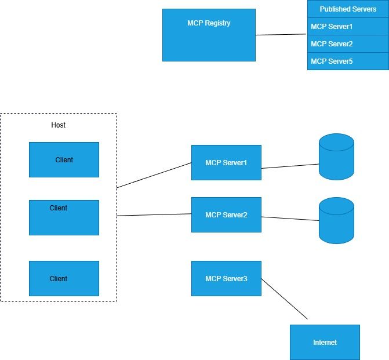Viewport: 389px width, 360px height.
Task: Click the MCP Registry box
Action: (x=209, y=35)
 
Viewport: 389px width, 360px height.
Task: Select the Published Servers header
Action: (x=348, y=9)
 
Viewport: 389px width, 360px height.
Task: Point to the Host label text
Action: (x=58, y=125)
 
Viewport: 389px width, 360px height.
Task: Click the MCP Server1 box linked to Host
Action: (x=226, y=162)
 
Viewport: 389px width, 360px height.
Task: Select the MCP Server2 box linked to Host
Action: (x=226, y=214)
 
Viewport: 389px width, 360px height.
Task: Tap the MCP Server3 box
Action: (x=226, y=278)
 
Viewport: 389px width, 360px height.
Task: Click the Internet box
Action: (x=325, y=342)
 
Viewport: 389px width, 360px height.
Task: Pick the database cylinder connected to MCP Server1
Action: (x=336, y=157)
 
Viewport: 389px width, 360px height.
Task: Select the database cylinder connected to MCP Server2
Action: (x=336, y=220)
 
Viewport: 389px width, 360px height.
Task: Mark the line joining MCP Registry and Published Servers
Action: (x=281, y=35)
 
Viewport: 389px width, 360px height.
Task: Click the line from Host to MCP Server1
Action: (x=154, y=175)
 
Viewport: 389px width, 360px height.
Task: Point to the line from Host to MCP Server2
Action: (x=154, y=215)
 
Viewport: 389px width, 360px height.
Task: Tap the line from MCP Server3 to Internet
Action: (x=284, y=299)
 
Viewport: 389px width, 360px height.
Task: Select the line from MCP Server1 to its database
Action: (x=290, y=166)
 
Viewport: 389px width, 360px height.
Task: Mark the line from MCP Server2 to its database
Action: (x=290, y=219)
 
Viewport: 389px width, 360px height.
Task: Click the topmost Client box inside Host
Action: (x=64, y=159)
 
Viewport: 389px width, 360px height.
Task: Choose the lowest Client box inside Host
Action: (x=64, y=278)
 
